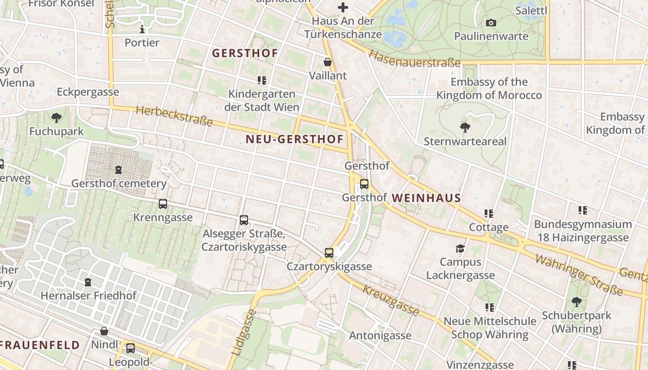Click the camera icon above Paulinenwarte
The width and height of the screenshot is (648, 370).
[x=491, y=23]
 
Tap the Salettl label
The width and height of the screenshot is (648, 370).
[x=531, y=10]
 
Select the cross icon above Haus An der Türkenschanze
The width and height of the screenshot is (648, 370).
[x=343, y=7]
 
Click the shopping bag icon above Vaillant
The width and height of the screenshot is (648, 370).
[x=328, y=62]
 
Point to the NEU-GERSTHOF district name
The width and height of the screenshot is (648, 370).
[x=295, y=139]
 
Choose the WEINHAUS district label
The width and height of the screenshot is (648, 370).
[x=426, y=198]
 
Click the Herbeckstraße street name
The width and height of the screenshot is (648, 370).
[x=174, y=116]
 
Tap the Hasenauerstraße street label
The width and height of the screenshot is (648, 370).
[x=414, y=59]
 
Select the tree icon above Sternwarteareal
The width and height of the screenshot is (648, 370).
[x=465, y=128]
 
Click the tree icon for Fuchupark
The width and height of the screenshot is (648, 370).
[x=56, y=117]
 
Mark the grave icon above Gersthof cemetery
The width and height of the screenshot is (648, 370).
[x=118, y=170]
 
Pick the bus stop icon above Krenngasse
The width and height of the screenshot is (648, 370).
[x=163, y=204]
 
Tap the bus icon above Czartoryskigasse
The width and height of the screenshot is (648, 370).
[x=329, y=253]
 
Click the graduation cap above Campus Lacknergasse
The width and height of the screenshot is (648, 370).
[x=460, y=249]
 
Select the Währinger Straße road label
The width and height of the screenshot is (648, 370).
[x=579, y=274]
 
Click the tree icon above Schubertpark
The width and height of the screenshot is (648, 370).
[x=576, y=302]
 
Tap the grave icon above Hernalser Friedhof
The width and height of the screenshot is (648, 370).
[x=88, y=282]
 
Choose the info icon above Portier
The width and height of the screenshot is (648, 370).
[x=142, y=30]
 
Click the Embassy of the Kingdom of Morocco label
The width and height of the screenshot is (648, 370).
[x=489, y=89]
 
